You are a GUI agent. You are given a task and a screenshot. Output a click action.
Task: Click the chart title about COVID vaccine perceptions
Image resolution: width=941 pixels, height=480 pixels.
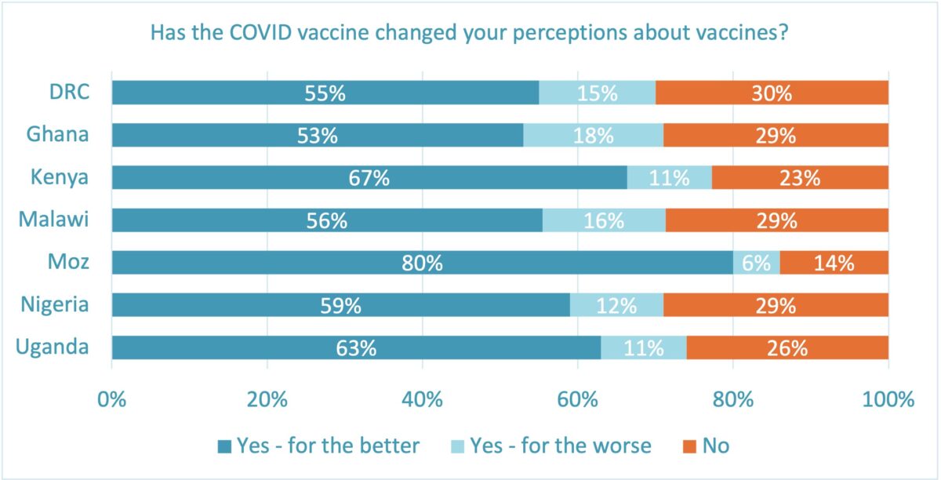pos(469,34)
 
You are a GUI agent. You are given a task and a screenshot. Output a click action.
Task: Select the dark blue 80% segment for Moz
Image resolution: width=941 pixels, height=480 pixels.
pos(422,263)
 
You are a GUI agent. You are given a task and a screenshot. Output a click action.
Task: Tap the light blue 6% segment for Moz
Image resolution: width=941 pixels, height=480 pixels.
pos(756,263)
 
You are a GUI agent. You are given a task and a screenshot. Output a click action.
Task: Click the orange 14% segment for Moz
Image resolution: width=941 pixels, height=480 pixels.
pos(834,263)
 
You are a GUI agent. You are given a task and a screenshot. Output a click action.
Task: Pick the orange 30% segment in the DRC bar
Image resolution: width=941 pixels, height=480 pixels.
pos(772,93)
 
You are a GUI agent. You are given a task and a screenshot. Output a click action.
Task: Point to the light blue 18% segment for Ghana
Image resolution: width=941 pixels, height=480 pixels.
pos(594,135)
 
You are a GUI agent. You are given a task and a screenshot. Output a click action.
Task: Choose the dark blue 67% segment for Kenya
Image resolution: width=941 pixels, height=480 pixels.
pos(369,177)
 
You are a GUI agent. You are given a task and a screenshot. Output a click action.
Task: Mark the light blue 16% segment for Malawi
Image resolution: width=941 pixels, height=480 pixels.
pos(604,220)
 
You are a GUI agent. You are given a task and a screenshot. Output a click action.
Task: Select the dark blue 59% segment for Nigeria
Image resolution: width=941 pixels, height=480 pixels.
pos(341,305)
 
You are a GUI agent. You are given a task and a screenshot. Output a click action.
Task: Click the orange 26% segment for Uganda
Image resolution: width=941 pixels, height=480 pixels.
pos(787,347)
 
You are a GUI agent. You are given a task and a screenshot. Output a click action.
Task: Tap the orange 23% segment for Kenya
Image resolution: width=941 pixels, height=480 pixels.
pos(800,177)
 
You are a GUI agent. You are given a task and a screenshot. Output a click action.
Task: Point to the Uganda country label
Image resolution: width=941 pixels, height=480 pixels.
pos(52,347)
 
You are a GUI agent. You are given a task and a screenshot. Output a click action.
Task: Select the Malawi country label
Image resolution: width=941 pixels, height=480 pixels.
pos(53,220)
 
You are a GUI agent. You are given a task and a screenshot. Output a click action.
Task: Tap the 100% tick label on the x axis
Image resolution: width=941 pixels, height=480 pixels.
pos(887,399)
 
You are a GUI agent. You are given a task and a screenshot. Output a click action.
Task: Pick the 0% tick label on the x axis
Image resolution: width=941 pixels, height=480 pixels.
pos(112,399)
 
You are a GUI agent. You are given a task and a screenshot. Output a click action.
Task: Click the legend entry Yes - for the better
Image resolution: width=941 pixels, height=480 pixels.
pos(318,446)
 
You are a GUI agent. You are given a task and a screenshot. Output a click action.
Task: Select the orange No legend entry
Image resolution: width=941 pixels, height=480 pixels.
pos(705,446)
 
